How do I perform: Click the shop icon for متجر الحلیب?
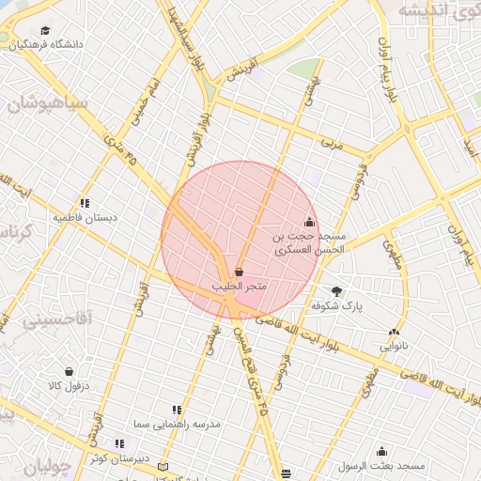[x=238, y=272]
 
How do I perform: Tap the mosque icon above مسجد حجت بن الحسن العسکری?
[x=310, y=224]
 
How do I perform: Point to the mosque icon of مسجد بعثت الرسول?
[x=381, y=452]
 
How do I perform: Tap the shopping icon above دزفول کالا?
[x=69, y=371]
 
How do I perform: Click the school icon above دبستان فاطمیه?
[x=85, y=202]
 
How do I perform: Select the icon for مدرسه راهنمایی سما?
[x=176, y=410]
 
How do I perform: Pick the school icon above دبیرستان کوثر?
[x=119, y=443]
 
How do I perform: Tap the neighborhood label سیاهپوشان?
[x=47, y=104]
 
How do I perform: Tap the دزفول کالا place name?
[x=69, y=385]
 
